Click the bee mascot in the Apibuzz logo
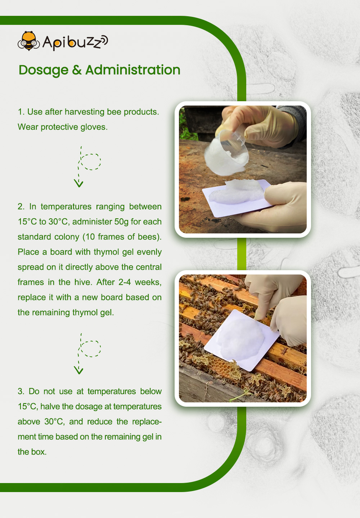pos(29,41)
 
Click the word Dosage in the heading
pos(44,70)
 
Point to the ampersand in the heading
pos(77,70)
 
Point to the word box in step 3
pos(39,452)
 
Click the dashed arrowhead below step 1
pos(78,183)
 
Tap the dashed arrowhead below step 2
pos(78,370)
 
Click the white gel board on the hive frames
pos(242,340)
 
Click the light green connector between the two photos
pos(242,254)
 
